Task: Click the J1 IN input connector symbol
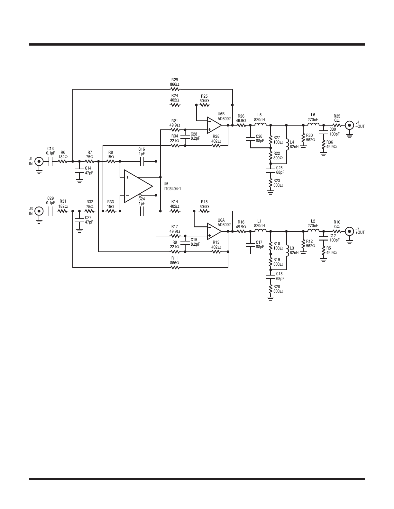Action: (39, 162)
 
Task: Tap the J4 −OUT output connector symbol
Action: (349, 125)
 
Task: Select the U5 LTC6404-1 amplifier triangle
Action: (138, 186)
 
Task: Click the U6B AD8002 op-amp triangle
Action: (214, 125)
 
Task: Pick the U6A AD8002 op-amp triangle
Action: (214, 232)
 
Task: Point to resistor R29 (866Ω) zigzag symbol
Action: (175, 89)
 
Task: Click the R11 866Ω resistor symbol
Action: (175, 267)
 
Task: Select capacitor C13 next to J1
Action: (50, 162)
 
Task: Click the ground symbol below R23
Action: (270, 192)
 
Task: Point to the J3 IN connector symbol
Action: (39, 211)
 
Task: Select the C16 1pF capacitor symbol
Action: (142, 162)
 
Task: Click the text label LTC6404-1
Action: (172, 189)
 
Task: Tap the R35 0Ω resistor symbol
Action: (337, 125)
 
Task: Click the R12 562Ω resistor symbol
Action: (303, 244)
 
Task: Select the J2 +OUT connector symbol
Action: (349, 232)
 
